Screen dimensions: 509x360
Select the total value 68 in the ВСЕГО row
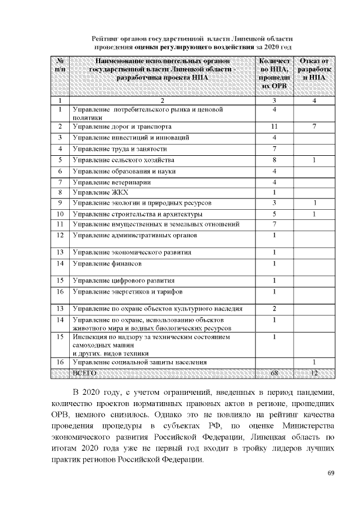pos(274,373)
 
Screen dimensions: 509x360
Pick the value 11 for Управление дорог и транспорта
pos(274,127)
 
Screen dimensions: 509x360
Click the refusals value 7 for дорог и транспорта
pos(314,127)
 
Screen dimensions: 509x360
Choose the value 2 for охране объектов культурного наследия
pos(274,309)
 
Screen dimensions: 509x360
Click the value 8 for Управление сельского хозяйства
pos(274,160)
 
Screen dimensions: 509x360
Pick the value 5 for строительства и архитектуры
pos(274,214)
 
